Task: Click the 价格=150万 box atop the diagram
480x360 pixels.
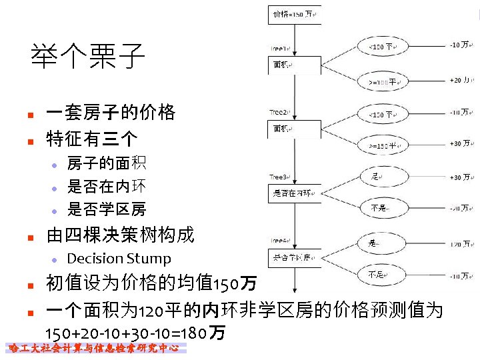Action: [294, 14]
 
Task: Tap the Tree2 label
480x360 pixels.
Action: [279, 113]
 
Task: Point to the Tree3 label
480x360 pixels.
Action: [279, 177]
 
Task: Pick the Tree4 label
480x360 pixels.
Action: [279, 241]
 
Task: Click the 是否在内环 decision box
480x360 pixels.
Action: [293, 194]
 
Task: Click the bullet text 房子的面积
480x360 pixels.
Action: [107, 163]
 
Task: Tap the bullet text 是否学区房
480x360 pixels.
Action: [107, 209]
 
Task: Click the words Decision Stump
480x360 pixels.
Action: [119, 259]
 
